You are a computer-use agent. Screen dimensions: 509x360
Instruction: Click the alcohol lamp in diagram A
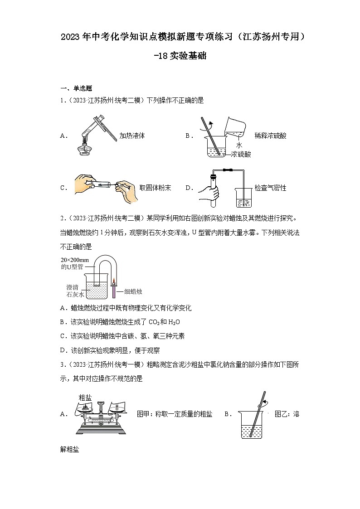83,149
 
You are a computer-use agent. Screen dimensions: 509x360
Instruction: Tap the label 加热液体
132,136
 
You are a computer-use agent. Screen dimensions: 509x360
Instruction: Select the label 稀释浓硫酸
270,136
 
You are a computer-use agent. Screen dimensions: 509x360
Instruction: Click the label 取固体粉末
155,188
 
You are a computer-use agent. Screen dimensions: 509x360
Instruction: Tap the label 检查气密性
270,188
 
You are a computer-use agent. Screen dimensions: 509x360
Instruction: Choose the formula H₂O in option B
174,322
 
